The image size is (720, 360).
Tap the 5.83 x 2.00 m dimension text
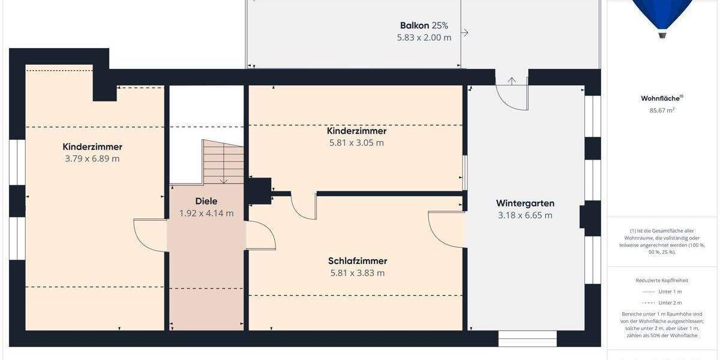[x=424, y=37]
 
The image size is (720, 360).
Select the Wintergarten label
[x=525, y=203]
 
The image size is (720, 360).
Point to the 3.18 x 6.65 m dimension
[x=525, y=215]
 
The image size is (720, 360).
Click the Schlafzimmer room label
[x=358, y=261]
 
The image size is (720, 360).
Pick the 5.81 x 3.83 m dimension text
[x=358, y=273]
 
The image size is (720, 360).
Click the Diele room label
[x=206, y=201]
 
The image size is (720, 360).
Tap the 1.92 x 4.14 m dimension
[x=206, y=213]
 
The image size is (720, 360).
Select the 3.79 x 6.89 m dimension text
[x=92, y=159]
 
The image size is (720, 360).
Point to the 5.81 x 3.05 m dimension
[x=356, y=143]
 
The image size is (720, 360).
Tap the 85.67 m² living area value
[x=662, y=110]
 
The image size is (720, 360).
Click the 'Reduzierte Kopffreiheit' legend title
[x=662, y=280]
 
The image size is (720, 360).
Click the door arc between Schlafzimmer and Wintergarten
[x=444, y=228]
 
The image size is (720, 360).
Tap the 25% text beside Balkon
[x=440, y=25]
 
